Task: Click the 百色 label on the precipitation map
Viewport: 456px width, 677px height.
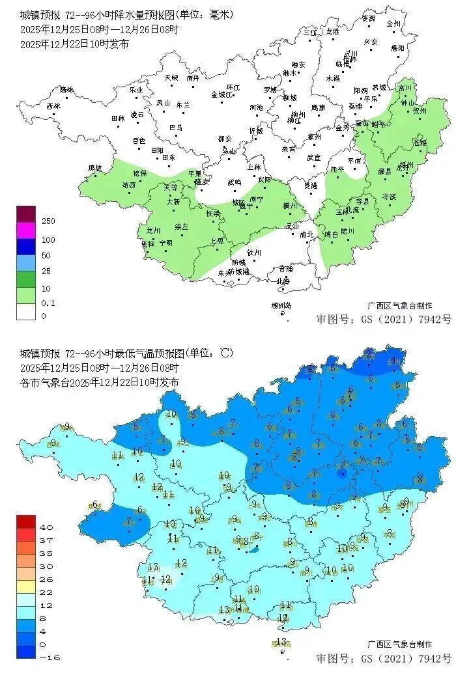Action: click(139, 141)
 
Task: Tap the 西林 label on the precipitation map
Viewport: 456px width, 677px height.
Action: click(53, 105)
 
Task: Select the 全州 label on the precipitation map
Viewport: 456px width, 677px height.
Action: click(393, 23)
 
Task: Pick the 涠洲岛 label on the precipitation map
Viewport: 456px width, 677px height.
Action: click(281, 305)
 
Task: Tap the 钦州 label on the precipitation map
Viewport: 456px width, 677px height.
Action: click(254, 253)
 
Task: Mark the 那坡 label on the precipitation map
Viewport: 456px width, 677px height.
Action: click(95, 168)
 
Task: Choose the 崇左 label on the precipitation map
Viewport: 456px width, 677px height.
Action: click(181, 227)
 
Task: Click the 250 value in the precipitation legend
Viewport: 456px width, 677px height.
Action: click(48, 221)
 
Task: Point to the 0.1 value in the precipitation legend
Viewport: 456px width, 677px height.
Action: click(48, 303)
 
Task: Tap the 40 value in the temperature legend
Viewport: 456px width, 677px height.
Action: click(47, 527)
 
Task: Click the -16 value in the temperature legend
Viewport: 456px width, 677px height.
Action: click(50, 657)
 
